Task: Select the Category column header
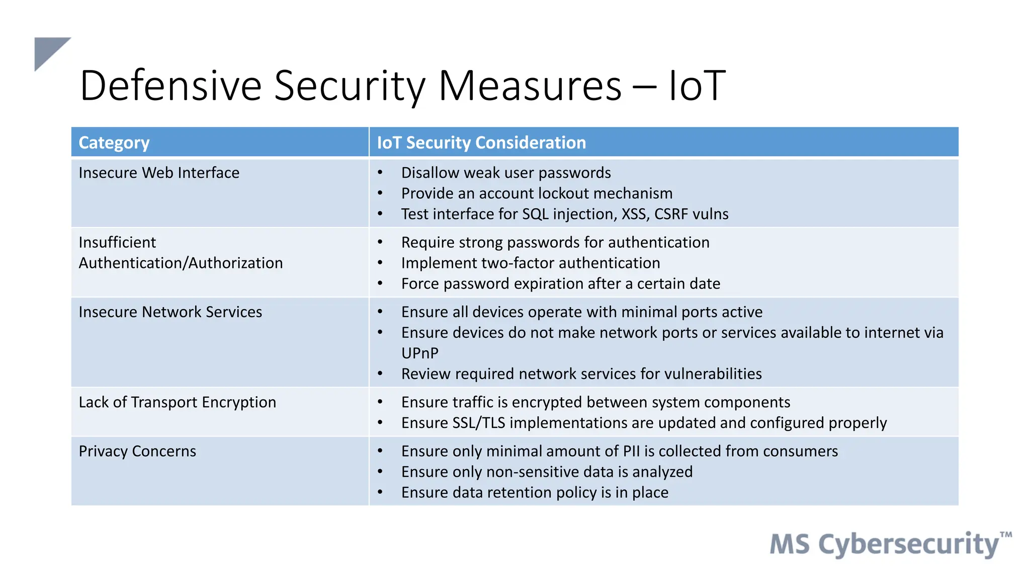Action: (114, 143)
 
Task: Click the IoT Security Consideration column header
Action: (481, 143)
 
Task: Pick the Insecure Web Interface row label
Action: (159, 173)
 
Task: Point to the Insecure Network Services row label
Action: (170, 312)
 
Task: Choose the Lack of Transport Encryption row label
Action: (177, 402)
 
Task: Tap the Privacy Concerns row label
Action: (137, 451)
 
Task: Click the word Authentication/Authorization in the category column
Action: (181, 263)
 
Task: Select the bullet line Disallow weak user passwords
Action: (505, 173)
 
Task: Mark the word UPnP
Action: (419, 353)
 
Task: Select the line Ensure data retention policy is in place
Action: (535, 492)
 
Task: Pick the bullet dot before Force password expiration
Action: (380, 284)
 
